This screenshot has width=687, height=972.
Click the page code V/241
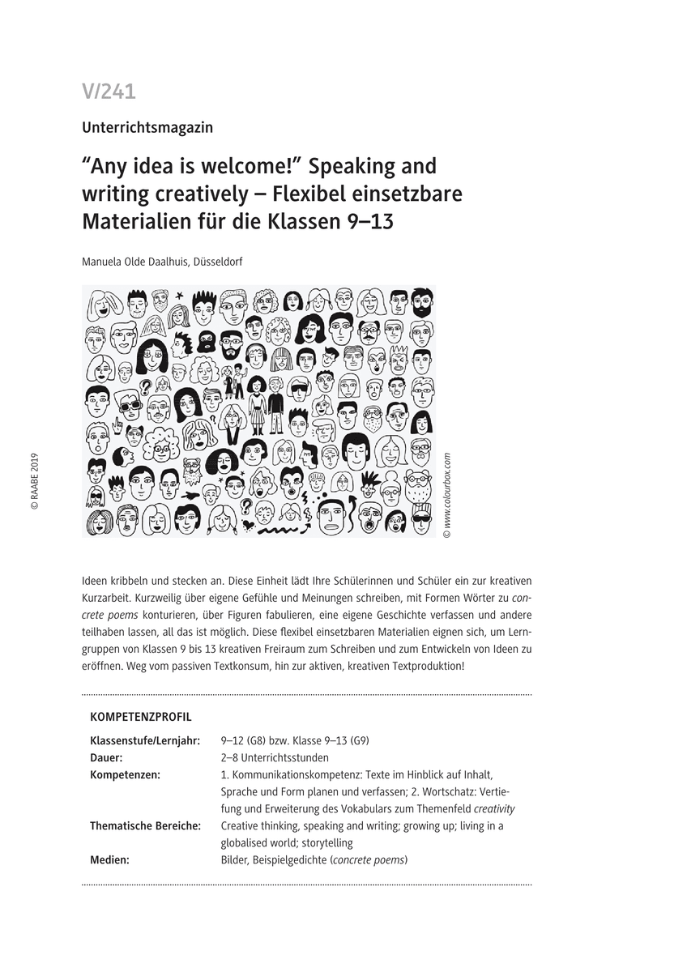(109, 92)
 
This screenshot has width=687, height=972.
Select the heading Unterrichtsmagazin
(147, 126)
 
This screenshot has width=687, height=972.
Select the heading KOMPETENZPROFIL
(141, 717)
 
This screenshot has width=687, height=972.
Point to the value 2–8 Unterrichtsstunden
(275, 758)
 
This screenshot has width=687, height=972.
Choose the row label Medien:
(109, 859)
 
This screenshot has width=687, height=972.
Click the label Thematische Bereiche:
(145, 825)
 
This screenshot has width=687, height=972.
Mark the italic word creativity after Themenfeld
(494, 808)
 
